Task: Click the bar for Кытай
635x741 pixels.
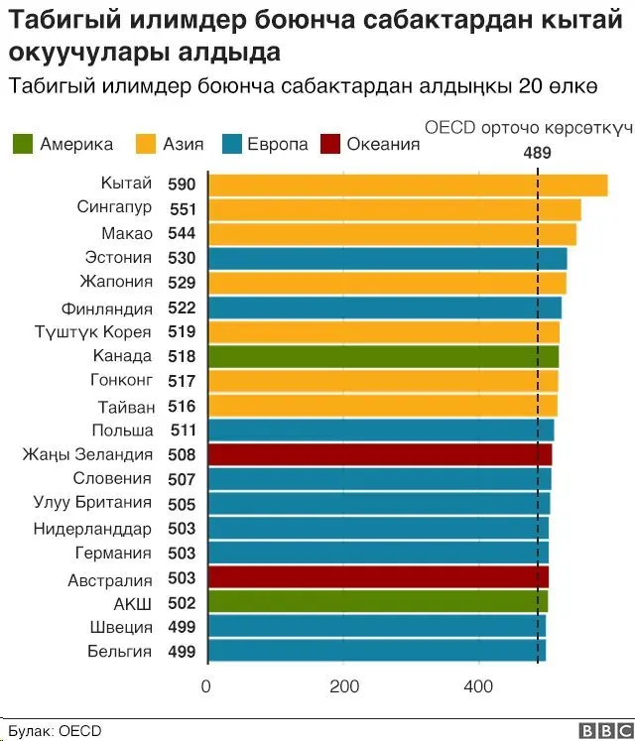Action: (407, 185)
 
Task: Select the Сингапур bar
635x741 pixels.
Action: (394, 209)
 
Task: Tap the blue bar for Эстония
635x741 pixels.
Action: (387, 258)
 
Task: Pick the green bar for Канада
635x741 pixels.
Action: (383, 356)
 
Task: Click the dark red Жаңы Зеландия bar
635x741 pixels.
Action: (379, 454)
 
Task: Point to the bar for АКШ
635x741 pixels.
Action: (377, 602)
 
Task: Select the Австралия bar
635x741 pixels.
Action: (377, 577)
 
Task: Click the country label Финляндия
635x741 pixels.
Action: (107, 309)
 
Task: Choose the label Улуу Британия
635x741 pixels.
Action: (92, 503)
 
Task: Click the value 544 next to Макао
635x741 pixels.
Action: (183, 234)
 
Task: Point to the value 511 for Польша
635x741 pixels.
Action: (183, 431)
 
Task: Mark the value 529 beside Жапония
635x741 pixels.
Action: (183, 283)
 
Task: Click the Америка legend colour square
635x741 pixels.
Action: (23, 144)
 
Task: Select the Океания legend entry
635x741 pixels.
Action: (383, 144)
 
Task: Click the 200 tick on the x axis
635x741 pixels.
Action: (342, 686)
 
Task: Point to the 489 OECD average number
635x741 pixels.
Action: (537, 152)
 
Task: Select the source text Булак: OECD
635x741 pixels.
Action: (55, 731)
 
